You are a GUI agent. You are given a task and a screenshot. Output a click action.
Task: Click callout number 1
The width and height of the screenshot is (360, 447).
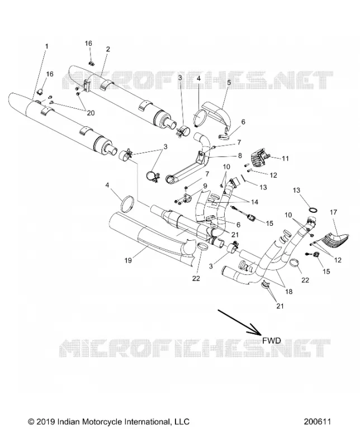(x=47, y=46)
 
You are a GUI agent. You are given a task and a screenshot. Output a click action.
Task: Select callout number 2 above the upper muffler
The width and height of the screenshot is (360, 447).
(x=108, y=49)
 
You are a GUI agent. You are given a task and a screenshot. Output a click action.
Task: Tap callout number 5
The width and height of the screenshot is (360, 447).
(x=229, y=82)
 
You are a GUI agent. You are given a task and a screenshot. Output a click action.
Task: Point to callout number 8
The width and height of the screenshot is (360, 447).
(x=240, y=156)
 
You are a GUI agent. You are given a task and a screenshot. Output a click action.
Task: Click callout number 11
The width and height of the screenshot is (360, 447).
(x=285, y=159)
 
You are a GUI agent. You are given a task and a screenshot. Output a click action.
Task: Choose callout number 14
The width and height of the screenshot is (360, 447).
(x=254, y=202)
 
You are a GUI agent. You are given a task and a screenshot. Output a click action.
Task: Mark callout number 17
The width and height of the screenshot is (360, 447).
(x=333, y=212)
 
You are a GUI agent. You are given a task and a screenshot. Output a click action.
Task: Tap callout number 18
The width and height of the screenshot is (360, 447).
(x=288, y=292)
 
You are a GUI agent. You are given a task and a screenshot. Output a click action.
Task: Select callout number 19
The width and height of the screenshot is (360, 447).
(x=128, y=260)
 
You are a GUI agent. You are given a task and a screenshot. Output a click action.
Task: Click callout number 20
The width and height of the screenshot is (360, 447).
(x=91, y=113)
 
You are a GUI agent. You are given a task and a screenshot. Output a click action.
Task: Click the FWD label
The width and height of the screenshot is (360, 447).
(x=272, y=340)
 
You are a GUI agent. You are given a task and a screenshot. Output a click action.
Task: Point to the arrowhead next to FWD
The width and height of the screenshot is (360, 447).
(x=255, y=330)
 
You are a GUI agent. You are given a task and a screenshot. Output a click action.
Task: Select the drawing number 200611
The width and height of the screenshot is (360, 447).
(x=317, y=421)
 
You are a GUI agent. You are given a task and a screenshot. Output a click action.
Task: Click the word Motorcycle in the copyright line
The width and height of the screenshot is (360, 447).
(x=102, y=422)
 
